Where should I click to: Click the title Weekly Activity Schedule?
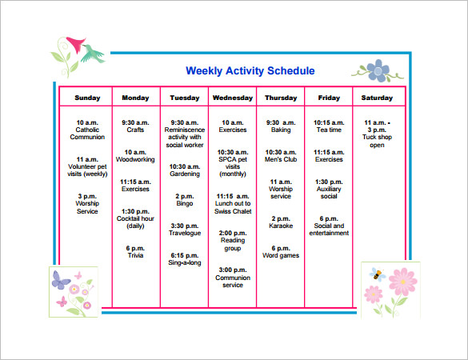(250, 71)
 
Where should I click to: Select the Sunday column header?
(88, 98)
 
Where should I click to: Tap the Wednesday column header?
(232, 98)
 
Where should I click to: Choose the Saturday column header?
(377, 98)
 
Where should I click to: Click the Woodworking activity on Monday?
(135, 159)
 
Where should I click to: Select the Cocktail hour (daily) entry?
(135, 223)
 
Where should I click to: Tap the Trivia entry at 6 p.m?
(135, 254)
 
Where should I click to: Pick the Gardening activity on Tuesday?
(184, 174)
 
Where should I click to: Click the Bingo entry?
(184, 203)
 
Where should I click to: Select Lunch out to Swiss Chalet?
(232, 207)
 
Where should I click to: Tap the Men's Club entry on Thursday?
(281, 159)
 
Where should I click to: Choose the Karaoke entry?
(281, 226)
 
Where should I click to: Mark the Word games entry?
(281, 255)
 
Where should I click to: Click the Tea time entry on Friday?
(329, 130)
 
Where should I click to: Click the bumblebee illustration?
(374, 274)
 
